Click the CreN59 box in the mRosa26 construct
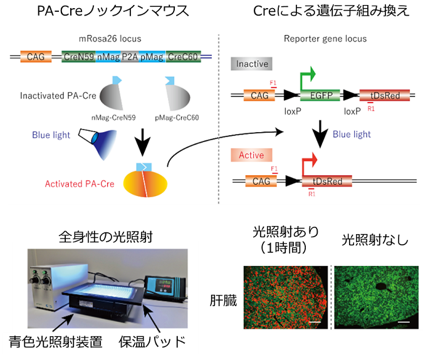point(78,57)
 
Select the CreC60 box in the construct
point(183,57)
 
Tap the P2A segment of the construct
point(130,57)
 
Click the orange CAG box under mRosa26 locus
point(36,57)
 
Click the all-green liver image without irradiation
point(376,297)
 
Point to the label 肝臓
point(223,297)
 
